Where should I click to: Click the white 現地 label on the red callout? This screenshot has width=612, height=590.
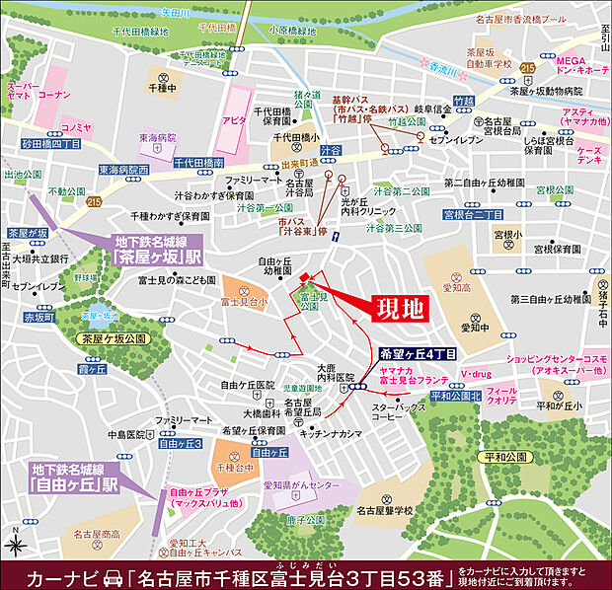400,309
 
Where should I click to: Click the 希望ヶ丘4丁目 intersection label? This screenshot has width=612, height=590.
418,352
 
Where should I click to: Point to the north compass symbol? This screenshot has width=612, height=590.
17,542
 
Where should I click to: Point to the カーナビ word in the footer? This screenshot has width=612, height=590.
62,574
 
